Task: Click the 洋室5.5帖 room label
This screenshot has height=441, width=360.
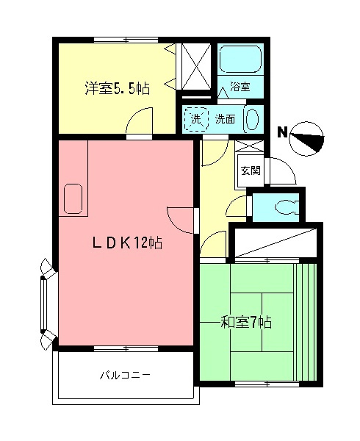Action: pyautogui.click(x=117, y=89)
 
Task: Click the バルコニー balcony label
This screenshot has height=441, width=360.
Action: pyautogui.click(x=126, y=376)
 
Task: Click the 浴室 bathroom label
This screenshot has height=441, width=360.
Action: pyautogui.click(x=240, y=86)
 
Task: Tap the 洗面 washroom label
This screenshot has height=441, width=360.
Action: pyautogui.click(x=225, y=118)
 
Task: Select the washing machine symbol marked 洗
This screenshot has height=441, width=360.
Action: pyautogui.click(x=195, y=118)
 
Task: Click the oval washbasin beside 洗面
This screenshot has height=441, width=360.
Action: pyautogui.click(x=252, y=118)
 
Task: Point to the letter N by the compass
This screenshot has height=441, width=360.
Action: pyautogui.click(x=281, y=132)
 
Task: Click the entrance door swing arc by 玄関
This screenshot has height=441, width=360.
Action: pyautogui.click(x=283, y=173)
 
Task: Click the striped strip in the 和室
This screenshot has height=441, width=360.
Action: pyautogui.click(x=304, y=321)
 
